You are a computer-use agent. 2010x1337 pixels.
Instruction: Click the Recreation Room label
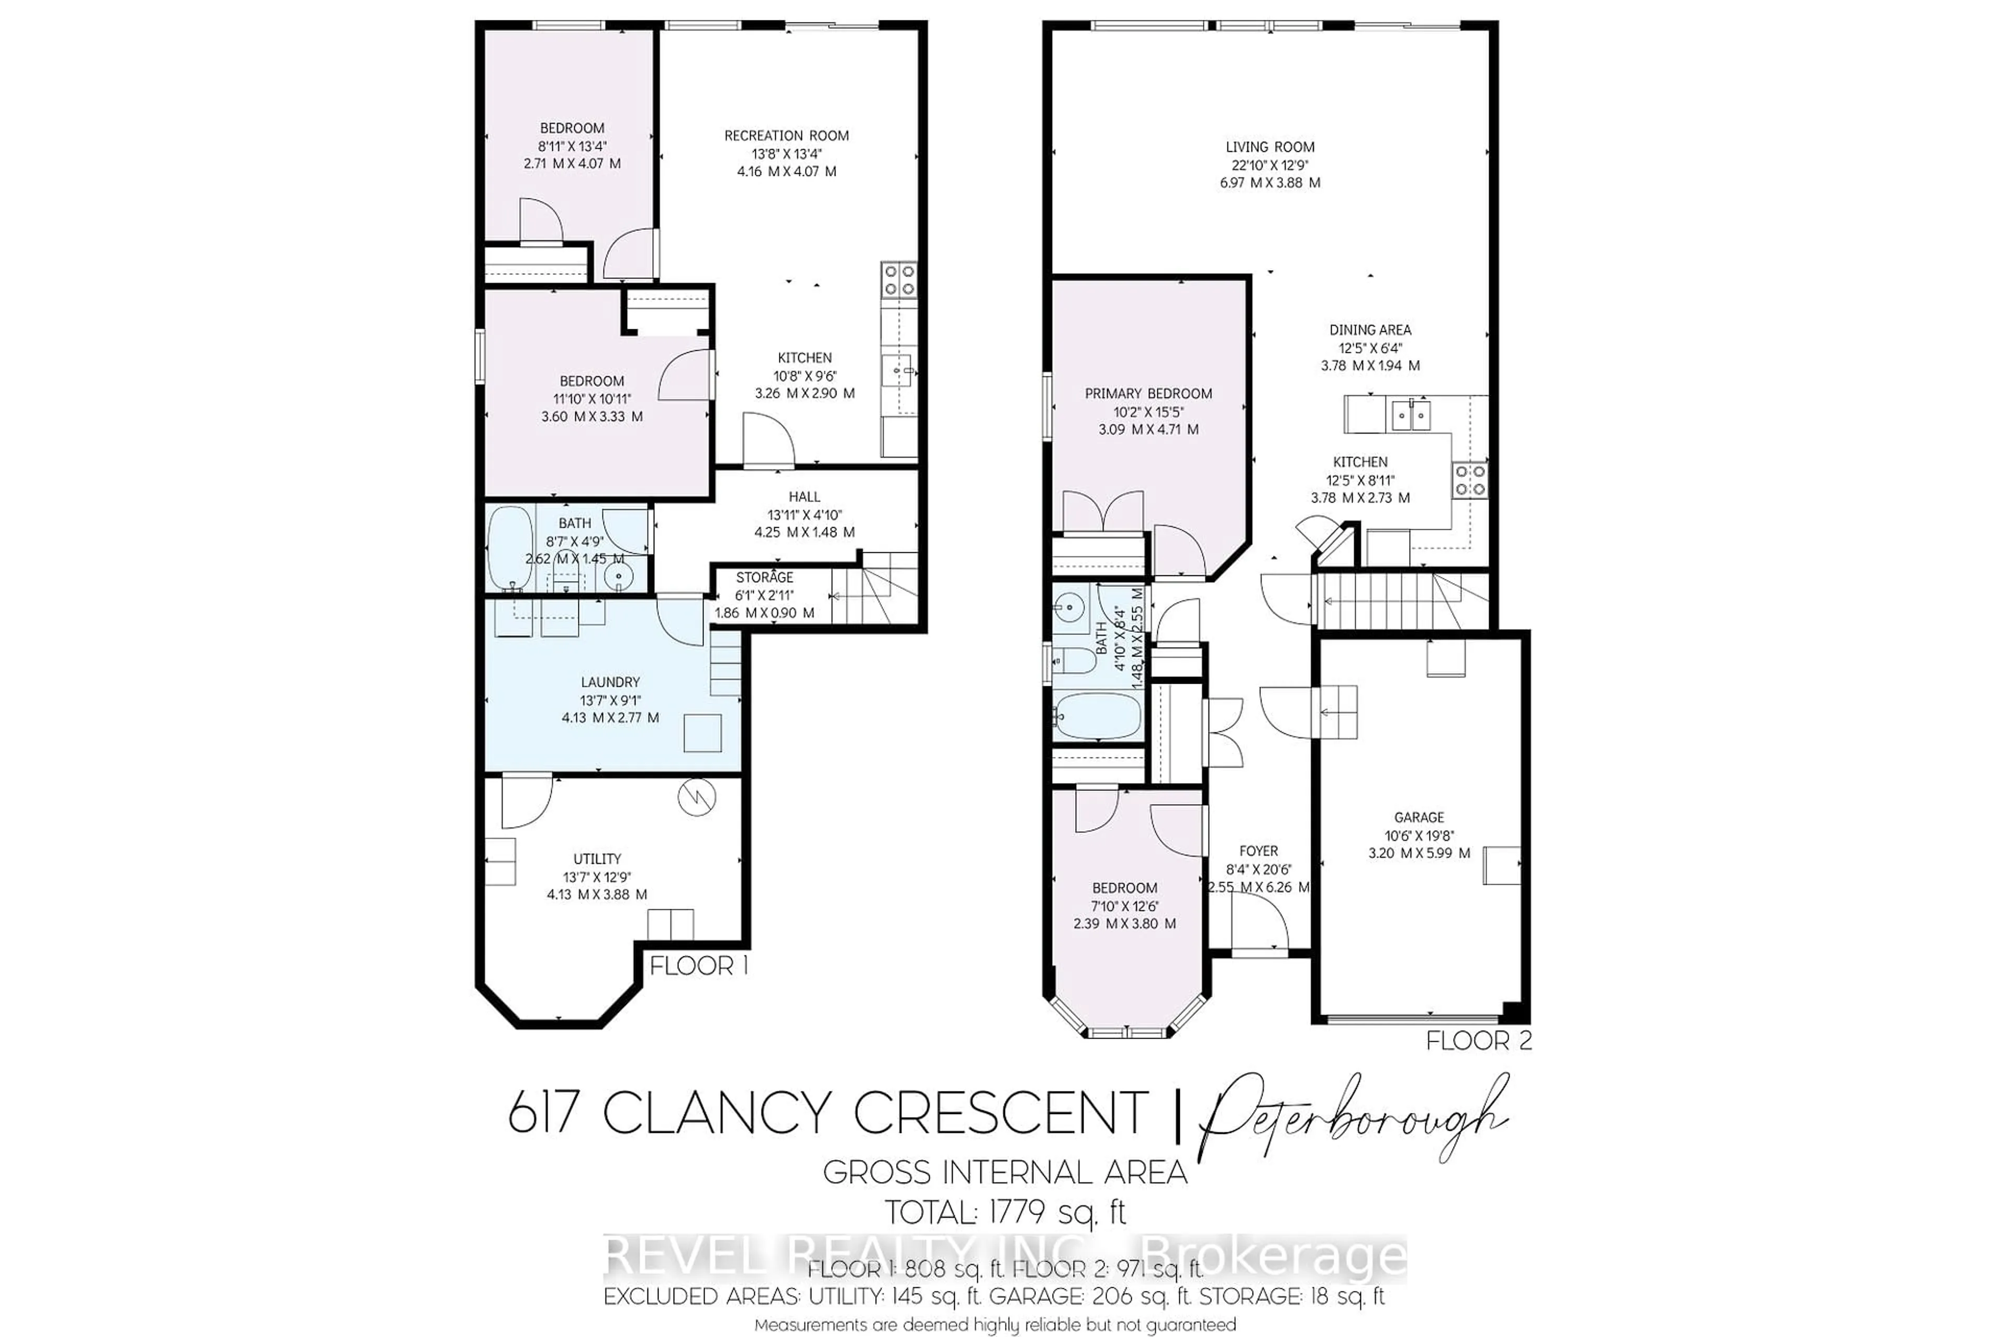coord(786,136)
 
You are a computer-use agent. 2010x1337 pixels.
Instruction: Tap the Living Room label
coord(1269,147)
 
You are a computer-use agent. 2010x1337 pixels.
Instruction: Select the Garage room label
coord(1419,817)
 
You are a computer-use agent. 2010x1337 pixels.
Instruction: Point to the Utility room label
coord(597,859)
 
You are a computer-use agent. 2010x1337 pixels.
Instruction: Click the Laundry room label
coord(609,682)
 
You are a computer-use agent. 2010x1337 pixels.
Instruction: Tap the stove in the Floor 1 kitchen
coord(898,280)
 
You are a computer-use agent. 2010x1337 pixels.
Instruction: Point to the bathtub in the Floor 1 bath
coord(508,548)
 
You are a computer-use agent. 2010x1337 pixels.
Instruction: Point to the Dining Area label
coord(1370,330)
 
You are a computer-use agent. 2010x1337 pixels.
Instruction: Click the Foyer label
coord(1258,851)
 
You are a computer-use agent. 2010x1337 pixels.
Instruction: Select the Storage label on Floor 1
coord(765,577)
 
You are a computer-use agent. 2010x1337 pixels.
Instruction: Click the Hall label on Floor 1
coord(804,496)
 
